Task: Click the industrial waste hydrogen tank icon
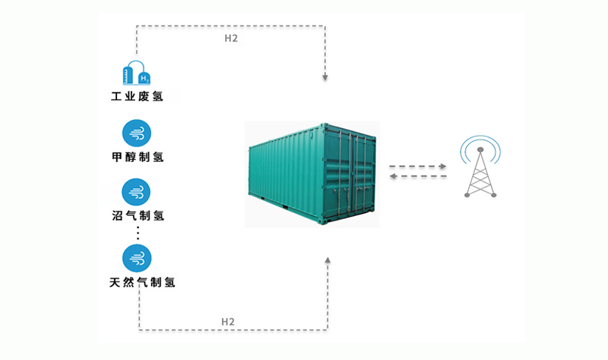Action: [136, 73]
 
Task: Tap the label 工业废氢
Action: [137, 96]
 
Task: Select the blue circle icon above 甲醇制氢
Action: [137, 133]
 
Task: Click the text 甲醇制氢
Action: [137, 157]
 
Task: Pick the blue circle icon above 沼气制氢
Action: [136, 192]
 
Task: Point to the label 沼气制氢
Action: [138, 215]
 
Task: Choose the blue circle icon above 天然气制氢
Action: [137, 258]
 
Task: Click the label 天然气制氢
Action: [142, 282]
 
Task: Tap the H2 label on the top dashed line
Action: [231, 38]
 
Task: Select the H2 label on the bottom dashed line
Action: [228, 322]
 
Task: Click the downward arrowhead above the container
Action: [325, 77]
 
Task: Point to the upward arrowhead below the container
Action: [328, 260]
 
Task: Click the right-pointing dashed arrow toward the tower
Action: [417, 166]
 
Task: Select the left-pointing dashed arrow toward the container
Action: [418, 176]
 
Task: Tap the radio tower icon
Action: [480, 172]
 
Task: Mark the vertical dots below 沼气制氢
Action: [137, 233]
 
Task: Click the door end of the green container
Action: [349, 175]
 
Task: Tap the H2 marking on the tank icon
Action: [144, 79]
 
